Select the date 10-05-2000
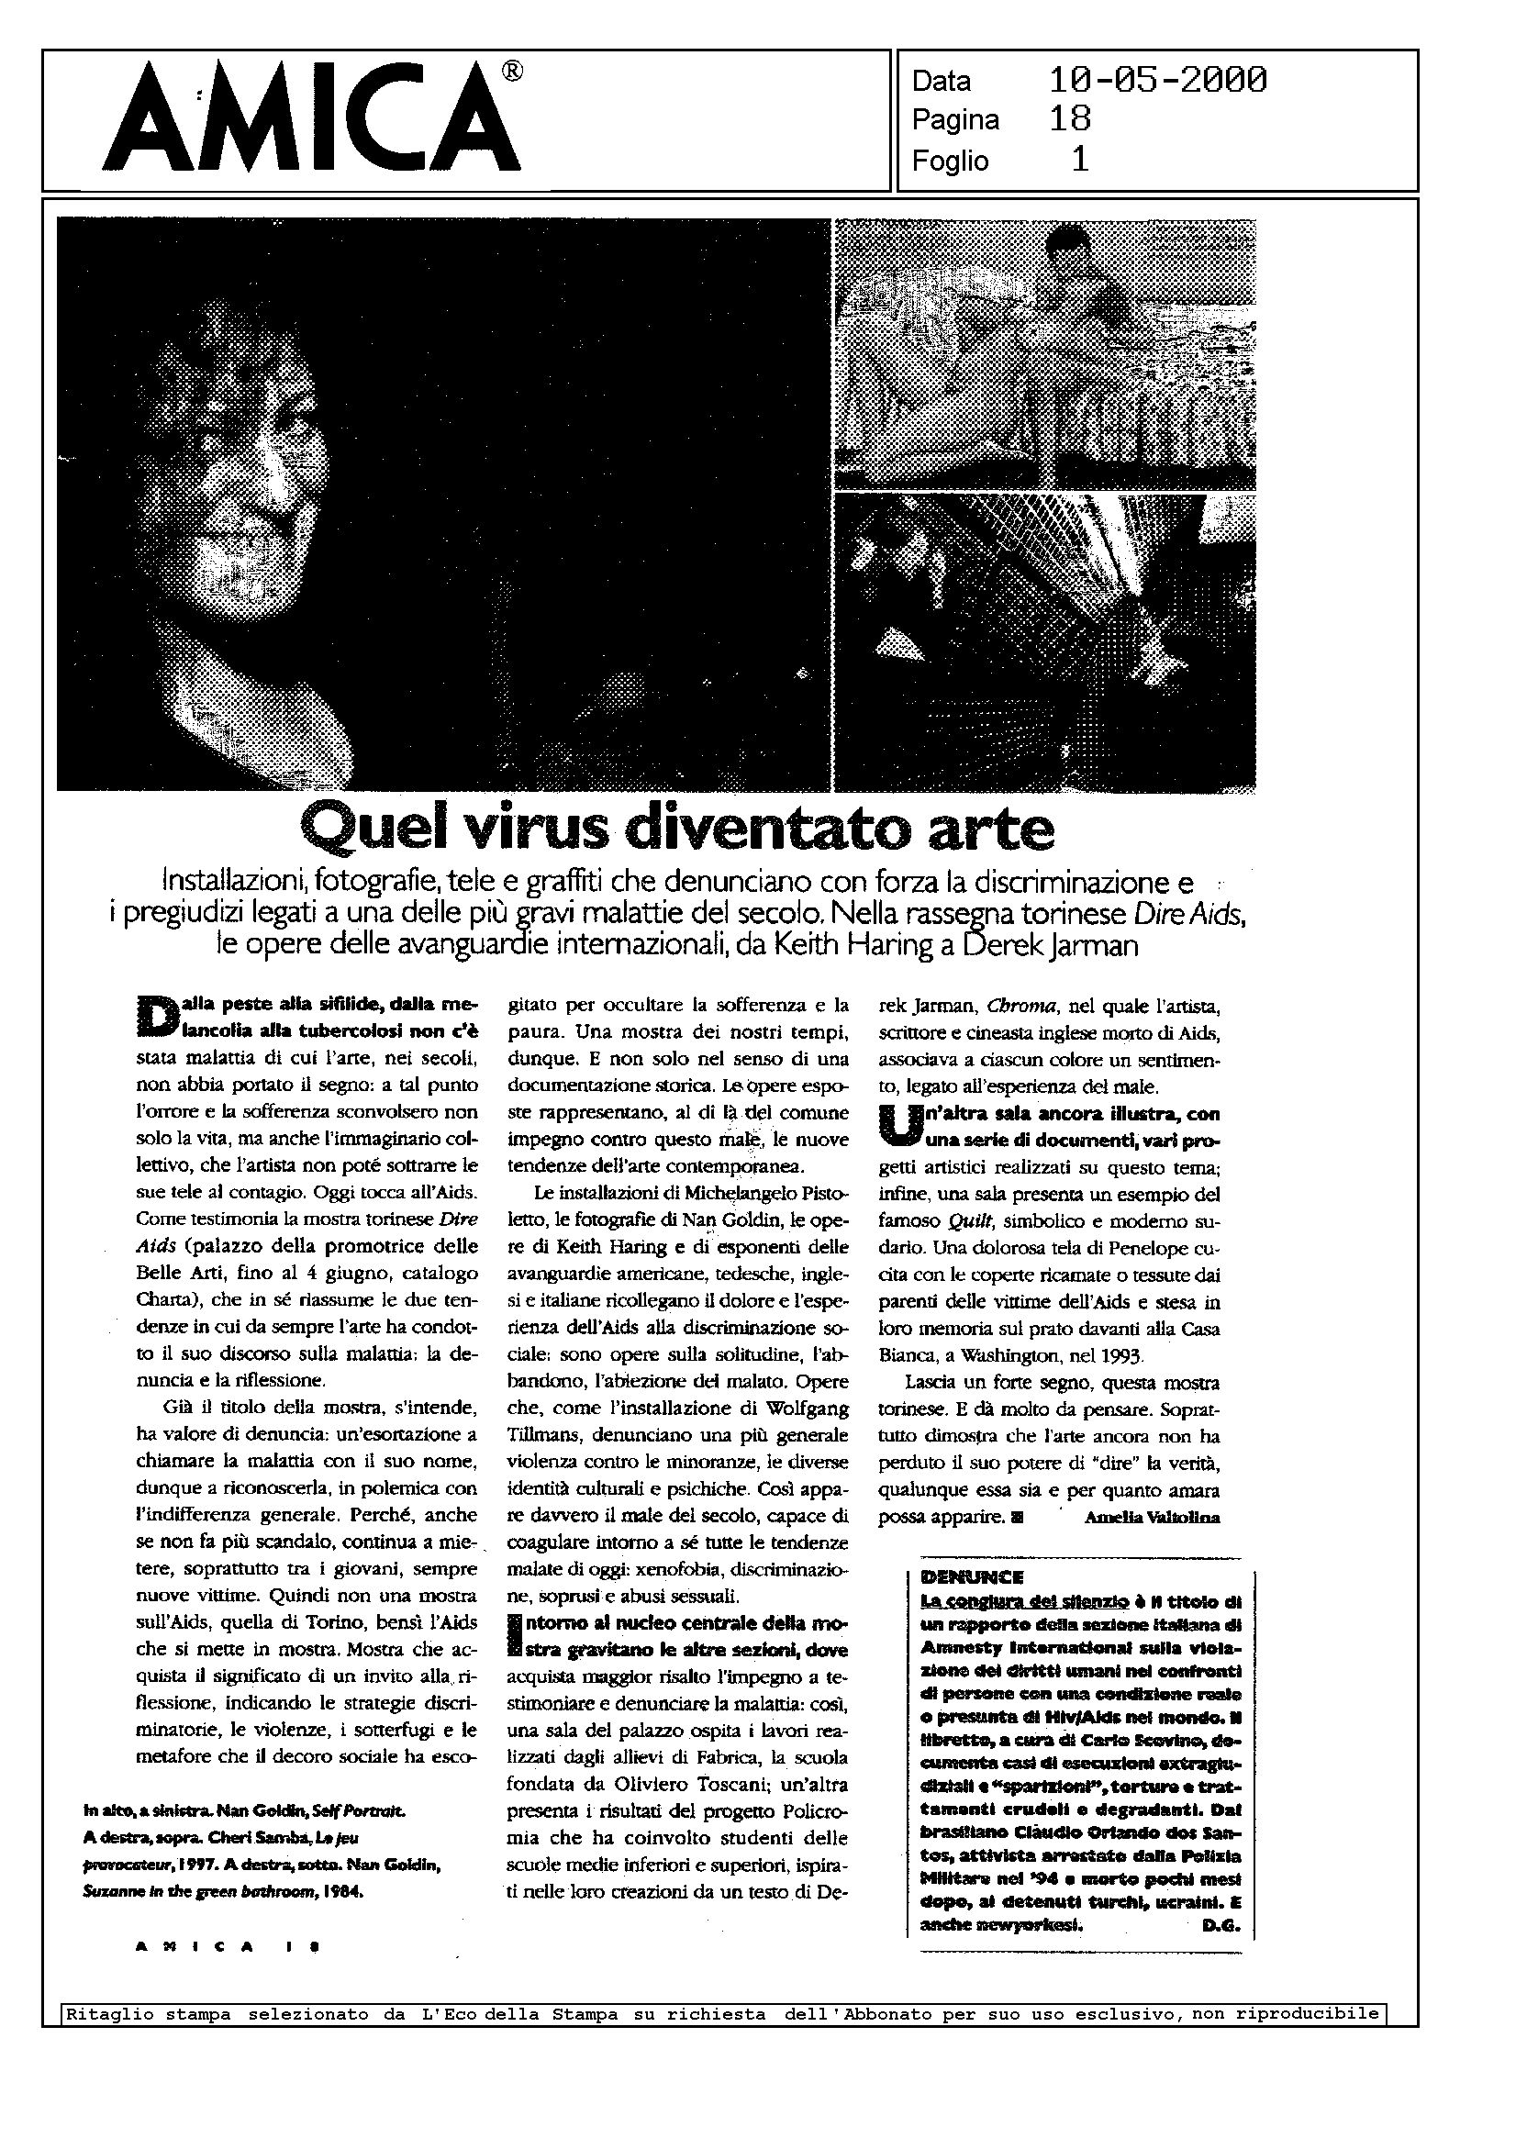point(1157,81)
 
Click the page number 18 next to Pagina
point(1070,119)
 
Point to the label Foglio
point(950,161)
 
